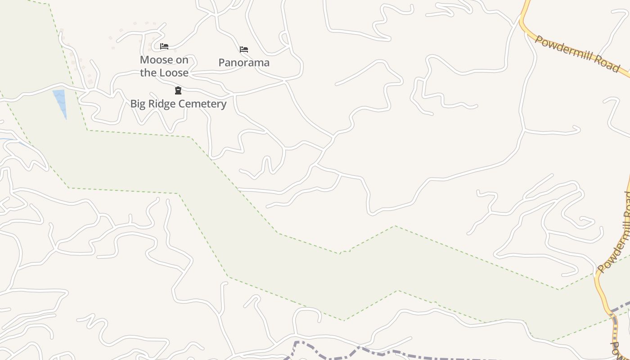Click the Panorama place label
[x=244, y=63]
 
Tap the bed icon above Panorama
[x=244, y=49]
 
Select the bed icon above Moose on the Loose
[x=164, y=46]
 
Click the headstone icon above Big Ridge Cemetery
[x=178, y=90]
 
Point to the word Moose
[x=156, y=60]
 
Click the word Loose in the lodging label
[x=173, y=73]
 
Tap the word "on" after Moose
[x=182, y=60]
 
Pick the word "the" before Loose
[x=148, y=73]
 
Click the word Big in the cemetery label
[x=138, y=104]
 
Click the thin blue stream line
[x=11, y=140]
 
